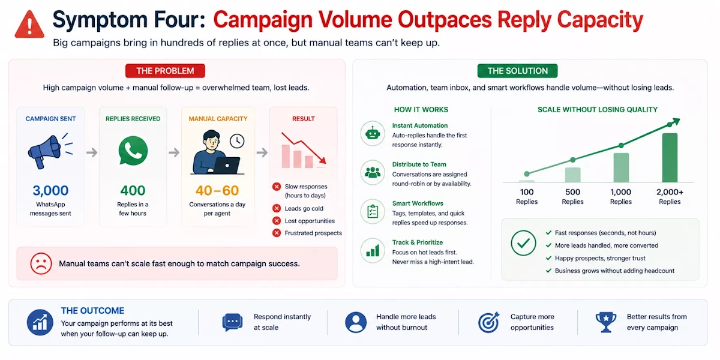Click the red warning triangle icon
pyautogui.click(x=29, y=25)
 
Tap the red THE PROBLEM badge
pyautogui.click(x=165, y=71)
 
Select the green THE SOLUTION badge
pyautogui.click(x=517, y=71)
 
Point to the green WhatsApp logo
pyautogui.click(x=133, y=151)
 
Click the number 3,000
pyautogui.click(x=50, y=191)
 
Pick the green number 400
pyautogui.click(x=133, y=191)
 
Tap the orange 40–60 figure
pyautogui.click(x=217, y=191)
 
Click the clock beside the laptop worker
pyautogui.click(x=237, y=141)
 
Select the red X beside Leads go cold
pyautogui.click(x=277, y=208)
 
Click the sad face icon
pyautogui.click(x=41, y=263)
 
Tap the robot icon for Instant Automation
pyautogui.click(x=373, y=133)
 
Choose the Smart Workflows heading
pyautogui.click(x=418, y=203)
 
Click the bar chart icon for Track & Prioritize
pyautogui.click(x=373, y=250)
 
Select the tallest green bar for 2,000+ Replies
pyautogui.click(x=670, y=157)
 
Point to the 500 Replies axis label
pyautogui.click(x=572, y=197)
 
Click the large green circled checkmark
pyautogui.click(x=523, y=243)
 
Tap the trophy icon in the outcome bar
pyautogui.click(x=605, y=322)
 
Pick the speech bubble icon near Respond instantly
pyautogui.click(x=232, y=322)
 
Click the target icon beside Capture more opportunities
pyautogui.click(x=488, y=322)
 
